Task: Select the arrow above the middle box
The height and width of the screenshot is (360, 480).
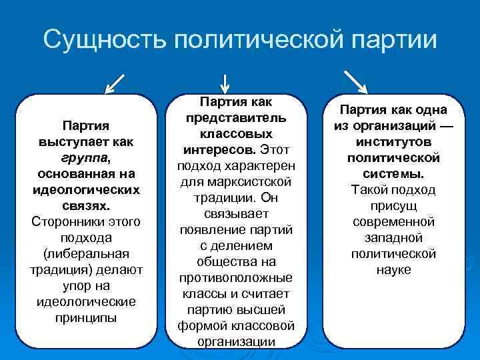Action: pos(225,82)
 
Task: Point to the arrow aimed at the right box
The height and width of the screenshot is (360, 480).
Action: pos(354,80)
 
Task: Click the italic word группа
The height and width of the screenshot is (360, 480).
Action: pos(84,158)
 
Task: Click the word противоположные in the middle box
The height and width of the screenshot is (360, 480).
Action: pos(237,277)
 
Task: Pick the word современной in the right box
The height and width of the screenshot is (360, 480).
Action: pos(393,221)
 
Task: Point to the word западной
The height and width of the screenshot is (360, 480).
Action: pos(393,237)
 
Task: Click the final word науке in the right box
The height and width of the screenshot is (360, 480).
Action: pos(393,269)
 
